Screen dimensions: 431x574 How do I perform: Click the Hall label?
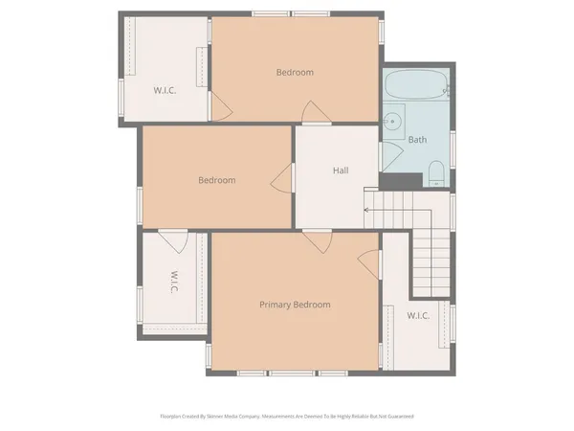click(341, 170)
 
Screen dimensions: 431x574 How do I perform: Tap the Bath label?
click(417, 140)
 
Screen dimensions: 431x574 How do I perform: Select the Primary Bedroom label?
click(295, 305)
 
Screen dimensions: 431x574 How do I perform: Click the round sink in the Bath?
click(392, 122)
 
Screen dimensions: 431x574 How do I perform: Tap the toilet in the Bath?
click(435, 173)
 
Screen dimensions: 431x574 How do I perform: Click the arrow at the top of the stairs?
click(367, 208)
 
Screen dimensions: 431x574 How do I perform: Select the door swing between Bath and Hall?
click(389, 155)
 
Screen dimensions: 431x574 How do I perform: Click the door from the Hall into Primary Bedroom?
click(317, 240)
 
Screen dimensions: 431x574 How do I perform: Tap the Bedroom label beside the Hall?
click(217, 179)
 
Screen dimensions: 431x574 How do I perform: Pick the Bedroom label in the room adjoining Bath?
click(295, 72)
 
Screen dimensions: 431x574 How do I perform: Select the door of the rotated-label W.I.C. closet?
click(173, 238)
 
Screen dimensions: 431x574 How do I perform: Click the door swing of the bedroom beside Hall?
click(282, 177)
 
